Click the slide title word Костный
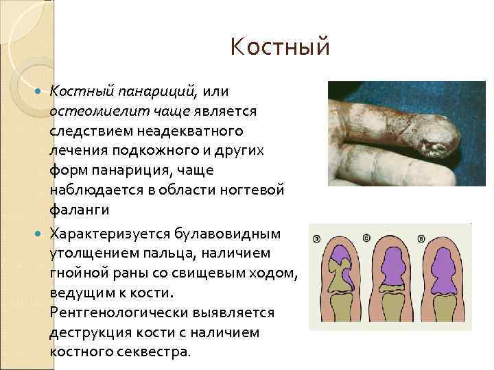pos(281,48)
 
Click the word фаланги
pos(79,206)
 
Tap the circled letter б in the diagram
pos(368,237)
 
